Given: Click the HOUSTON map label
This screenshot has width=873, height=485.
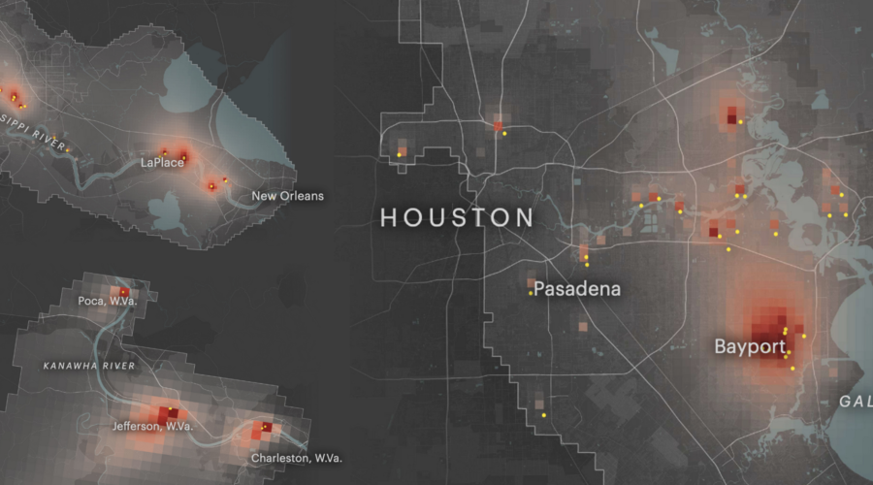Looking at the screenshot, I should coord(457,217).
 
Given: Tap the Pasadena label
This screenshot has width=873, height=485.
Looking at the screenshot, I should coord(577,289).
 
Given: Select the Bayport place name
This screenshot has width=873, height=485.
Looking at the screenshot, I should coord(750,346).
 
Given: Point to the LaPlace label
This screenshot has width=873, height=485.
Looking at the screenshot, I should coord(161,163).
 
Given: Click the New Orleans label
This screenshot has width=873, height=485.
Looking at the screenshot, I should coord(287,196).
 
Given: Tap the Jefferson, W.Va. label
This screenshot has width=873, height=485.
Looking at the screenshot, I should coord(151,427).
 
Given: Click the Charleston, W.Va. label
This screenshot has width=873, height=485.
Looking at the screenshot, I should coord(296,458).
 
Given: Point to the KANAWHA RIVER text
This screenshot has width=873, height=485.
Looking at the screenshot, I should coord(88,366).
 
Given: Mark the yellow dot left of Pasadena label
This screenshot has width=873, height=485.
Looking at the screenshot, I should coord(531,294).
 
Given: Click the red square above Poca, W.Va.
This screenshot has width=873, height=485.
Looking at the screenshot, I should coord(123,291).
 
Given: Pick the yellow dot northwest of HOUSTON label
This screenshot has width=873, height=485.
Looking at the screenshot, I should coord(399,154).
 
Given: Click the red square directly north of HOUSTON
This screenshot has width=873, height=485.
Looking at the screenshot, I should coord(499,126).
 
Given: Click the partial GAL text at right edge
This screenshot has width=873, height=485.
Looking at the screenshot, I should coord(855,402).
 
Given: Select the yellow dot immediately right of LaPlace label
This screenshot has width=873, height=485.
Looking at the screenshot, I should coord(183,157).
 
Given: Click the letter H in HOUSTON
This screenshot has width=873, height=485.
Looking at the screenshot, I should coord(389,217).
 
